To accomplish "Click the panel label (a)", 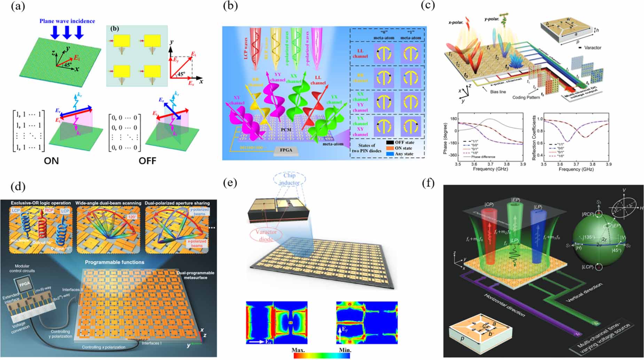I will coord(18,6).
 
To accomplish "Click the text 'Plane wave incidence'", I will coord(67,21).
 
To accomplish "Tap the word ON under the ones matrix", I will coord(51,161).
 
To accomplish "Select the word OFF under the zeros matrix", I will coord(147,161).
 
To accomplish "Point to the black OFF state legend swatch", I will coord(390,142).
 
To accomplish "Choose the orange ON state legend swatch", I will coord(390,148).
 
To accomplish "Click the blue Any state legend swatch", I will coord(390,154).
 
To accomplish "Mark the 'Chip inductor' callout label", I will coord(289,179).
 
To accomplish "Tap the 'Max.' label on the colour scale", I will coord(299,350).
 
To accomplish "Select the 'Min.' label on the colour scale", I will coord(345,350).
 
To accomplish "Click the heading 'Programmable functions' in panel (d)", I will coord(115,262).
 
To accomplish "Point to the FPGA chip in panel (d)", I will coord(24,284).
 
